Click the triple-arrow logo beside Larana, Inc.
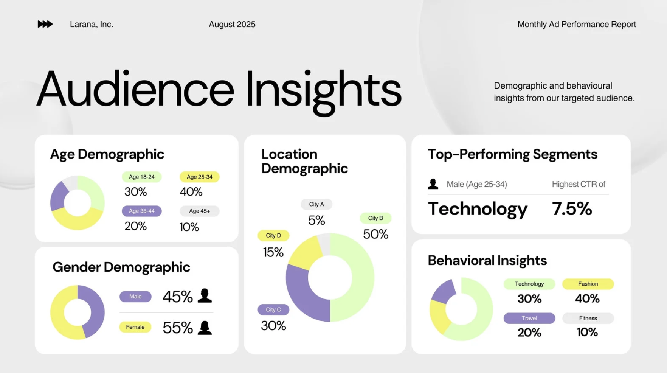point(45,24)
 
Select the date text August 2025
point(232,24)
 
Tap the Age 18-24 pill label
point(141,177)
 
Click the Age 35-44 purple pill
point(141,211)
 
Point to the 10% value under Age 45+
point(189,227)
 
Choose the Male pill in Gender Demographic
point(135,297)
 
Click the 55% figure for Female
point(177,328)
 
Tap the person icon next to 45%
point(205,296)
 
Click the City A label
point(316,204)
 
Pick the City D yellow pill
point(273,235)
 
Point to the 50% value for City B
point(375,234)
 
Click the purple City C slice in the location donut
point(302,295)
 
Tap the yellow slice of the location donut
point(304,252)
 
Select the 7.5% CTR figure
point(572,209)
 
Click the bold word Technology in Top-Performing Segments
point(478,209)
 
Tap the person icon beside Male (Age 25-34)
point(433,184)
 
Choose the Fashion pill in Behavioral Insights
point(588,284)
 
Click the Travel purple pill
point(529,318)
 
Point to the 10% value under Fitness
point(587,333)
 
